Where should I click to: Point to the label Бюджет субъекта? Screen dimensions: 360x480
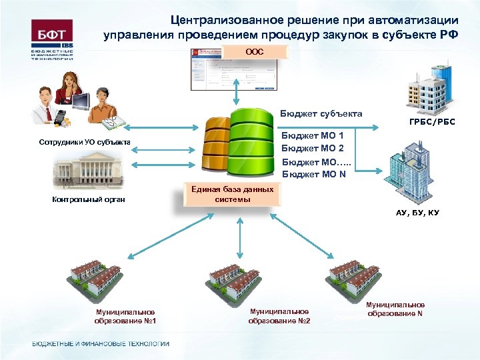pos(321,113)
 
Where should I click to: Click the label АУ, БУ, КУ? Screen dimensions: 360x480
pos(418,213)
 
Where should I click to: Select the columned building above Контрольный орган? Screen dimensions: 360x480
pos(89,170)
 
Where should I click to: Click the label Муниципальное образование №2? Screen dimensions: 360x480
pos(279,316)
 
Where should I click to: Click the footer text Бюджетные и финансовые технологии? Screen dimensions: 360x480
pos(101,343)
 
